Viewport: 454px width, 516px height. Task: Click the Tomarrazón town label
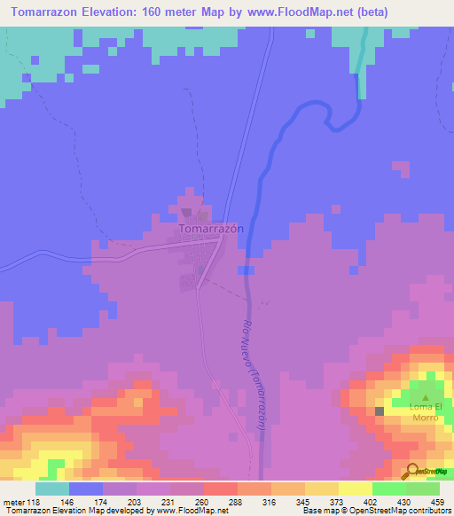point(211,228)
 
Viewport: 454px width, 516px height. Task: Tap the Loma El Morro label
point(426,412)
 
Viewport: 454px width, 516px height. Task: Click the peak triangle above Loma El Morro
point(426,398)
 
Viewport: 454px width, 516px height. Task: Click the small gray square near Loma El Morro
point(380,410)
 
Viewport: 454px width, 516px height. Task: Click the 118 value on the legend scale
point(35,502)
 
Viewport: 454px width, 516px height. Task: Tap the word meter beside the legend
point(13,502)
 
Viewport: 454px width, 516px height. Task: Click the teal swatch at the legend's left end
point(51,489)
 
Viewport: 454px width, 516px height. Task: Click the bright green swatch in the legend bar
point(388,489)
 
